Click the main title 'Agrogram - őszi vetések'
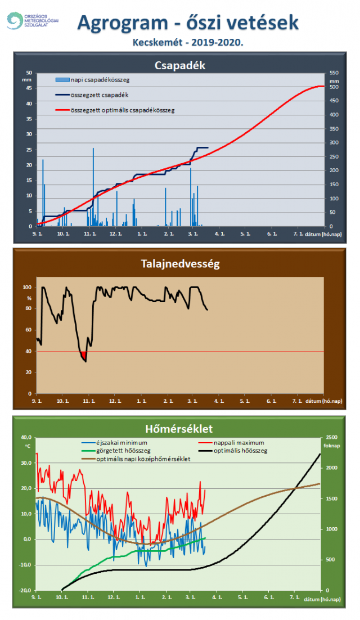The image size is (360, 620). point(188,23)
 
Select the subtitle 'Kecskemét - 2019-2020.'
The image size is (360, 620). point(188,42)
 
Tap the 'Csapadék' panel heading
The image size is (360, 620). point(179,65)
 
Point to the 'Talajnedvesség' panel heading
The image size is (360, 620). point(179,263)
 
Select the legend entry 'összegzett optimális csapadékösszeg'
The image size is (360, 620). point(123,110)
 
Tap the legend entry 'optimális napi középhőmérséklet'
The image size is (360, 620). point(143,459)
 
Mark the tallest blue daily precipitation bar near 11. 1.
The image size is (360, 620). point(93,186)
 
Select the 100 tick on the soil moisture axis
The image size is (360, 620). point(28,287)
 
